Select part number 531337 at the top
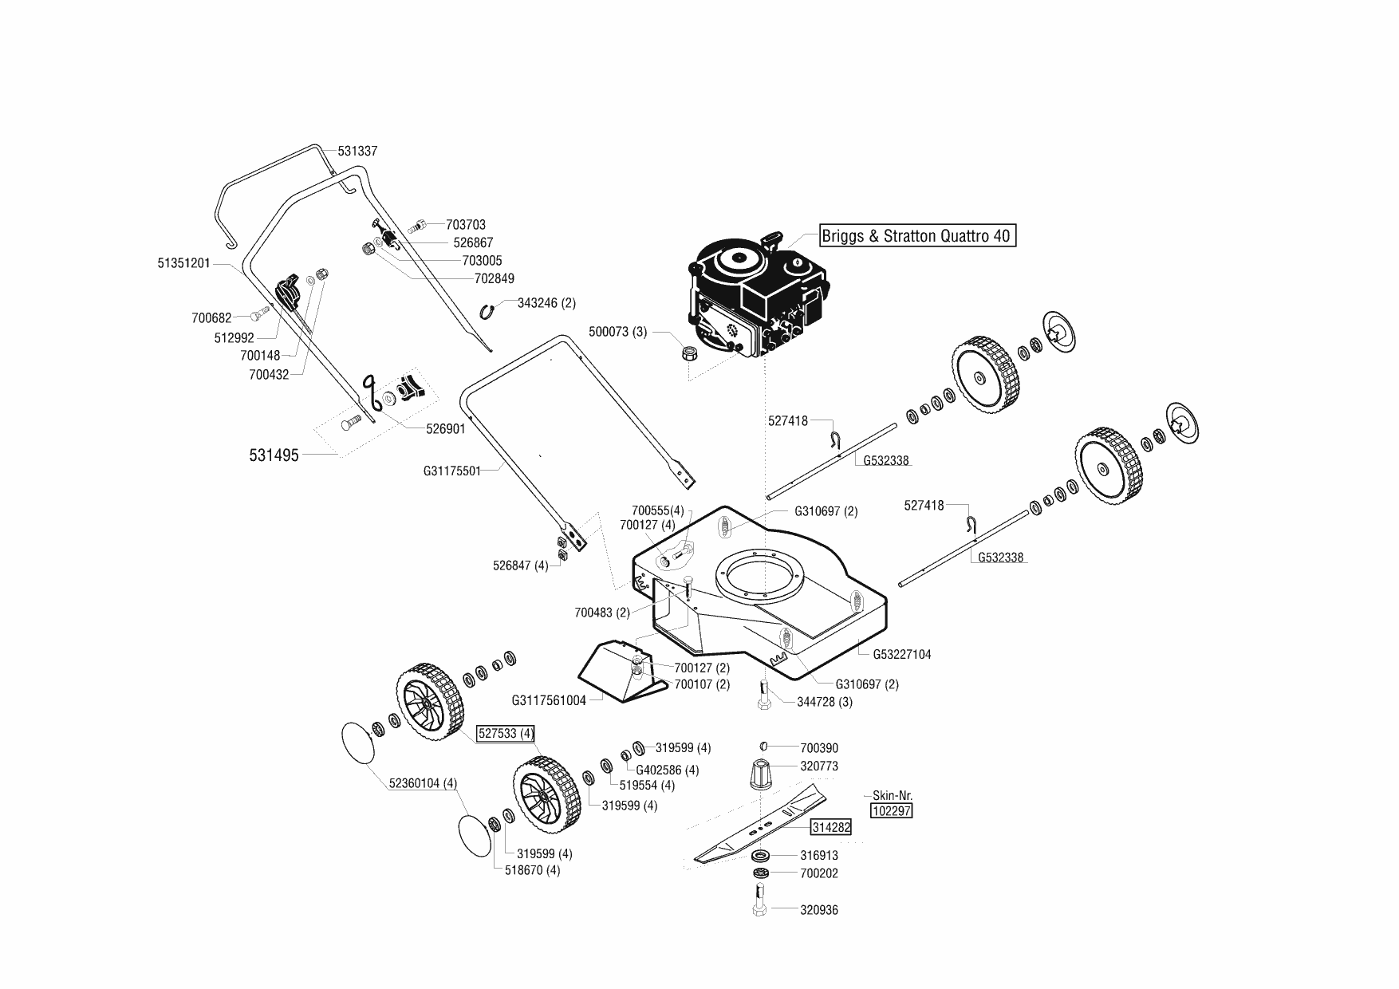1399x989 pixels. (x=357, y=151)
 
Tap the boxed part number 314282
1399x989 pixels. (x=831, y=827)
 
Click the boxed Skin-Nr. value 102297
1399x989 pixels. (x=892, y=810)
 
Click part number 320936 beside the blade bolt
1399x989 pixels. (x=819, y=910)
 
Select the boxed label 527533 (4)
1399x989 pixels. (x=506, y=733)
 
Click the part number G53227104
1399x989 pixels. (x=902, y=654)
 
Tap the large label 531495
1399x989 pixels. (x=274, y=455)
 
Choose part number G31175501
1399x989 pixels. (x=452, y=471)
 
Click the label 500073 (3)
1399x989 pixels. (x=618, y=332)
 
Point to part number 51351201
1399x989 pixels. (x=184, y=263)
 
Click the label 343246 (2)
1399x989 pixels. (x=546, y=303)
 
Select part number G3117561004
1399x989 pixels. (x=549, y=700)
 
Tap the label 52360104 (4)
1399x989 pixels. (x=423, y=783)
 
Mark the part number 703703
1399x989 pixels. (x=466, y=225)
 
